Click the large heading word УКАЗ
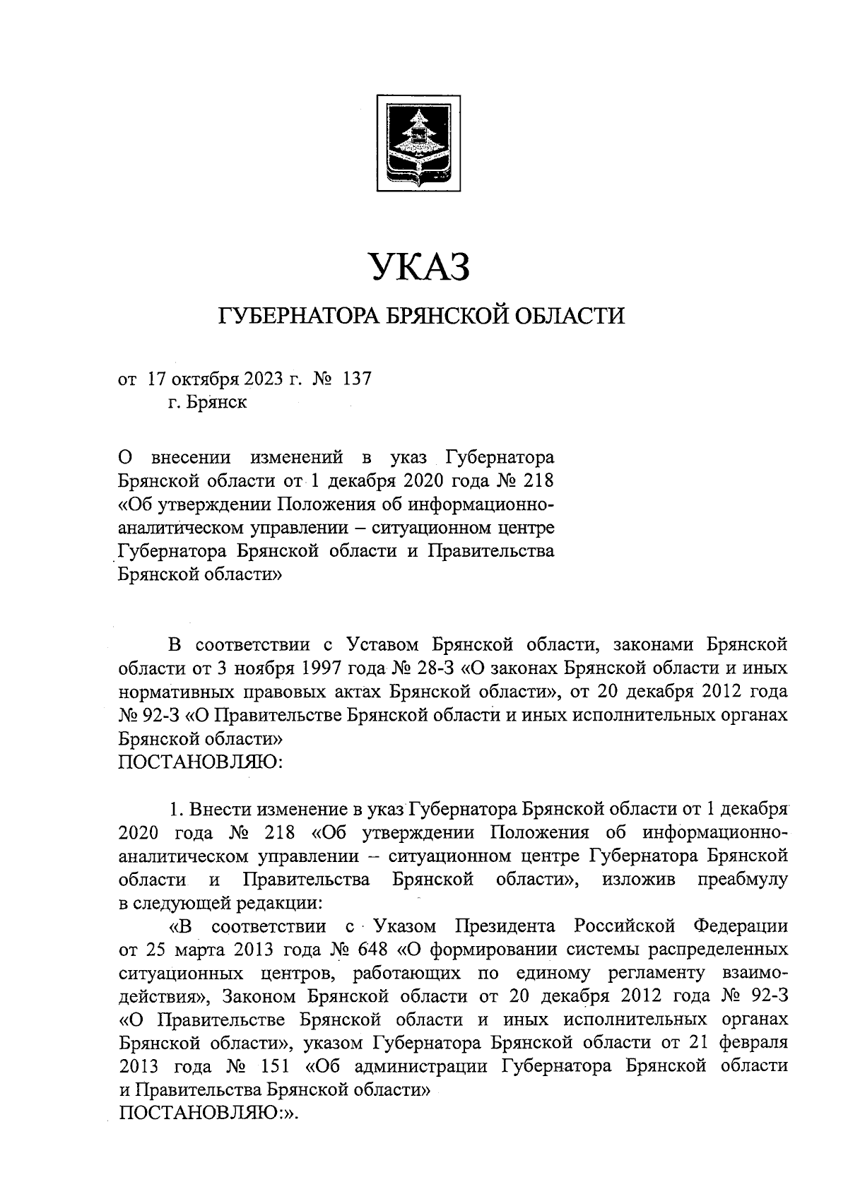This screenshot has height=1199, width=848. (x=420, y=268)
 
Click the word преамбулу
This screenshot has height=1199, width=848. (x=742, y=880)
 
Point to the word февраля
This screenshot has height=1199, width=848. (x=752, y=1042)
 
